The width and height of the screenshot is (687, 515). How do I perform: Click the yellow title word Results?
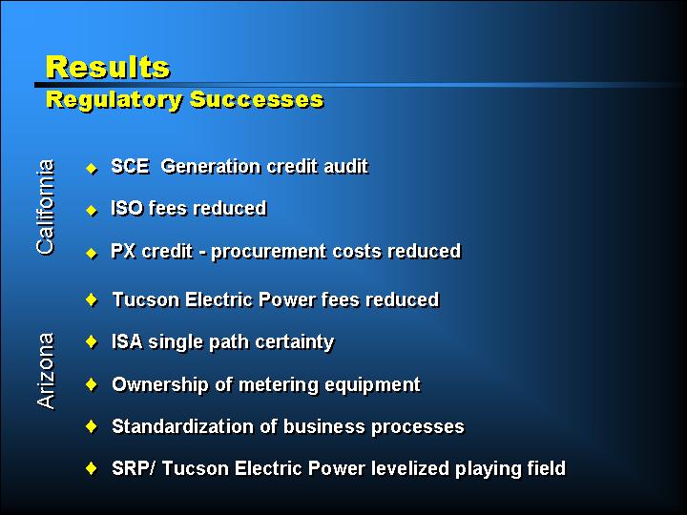(108, 67)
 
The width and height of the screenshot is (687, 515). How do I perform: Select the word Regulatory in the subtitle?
(114, 100)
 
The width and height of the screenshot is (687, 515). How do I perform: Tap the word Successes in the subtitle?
(257, 99)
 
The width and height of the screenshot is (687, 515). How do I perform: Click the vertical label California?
(46, 207)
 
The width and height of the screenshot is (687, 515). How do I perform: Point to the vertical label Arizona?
(46, 371)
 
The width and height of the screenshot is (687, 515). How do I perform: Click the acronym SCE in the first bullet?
(130, 166)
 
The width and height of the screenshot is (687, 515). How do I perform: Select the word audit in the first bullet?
(346, 166)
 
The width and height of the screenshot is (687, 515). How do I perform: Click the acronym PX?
(123, 251)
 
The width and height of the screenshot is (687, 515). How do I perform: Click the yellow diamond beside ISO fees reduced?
(92, 211)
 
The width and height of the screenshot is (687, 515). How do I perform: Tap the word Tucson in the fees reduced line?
(146, 300)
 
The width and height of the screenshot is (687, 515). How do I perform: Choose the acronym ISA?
(128, 341)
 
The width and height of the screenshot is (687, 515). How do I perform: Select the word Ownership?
(160, 385)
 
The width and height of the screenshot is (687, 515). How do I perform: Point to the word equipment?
(372, 385)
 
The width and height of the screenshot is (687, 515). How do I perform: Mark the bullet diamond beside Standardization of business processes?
(92, 425)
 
